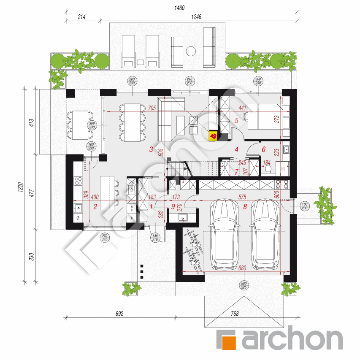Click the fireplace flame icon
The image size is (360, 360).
click(x=214, y=135)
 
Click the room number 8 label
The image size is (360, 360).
click(x=245, y=207)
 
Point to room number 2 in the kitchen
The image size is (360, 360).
click(x=95, y=207)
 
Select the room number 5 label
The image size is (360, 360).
click(x=237, y=121)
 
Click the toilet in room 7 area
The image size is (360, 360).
click(x=268, y=169)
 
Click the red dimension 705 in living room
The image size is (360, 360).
click(x=152, y=108)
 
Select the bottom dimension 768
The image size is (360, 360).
click(x=235, y=313)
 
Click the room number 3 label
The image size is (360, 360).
click(x=151, y=149)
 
